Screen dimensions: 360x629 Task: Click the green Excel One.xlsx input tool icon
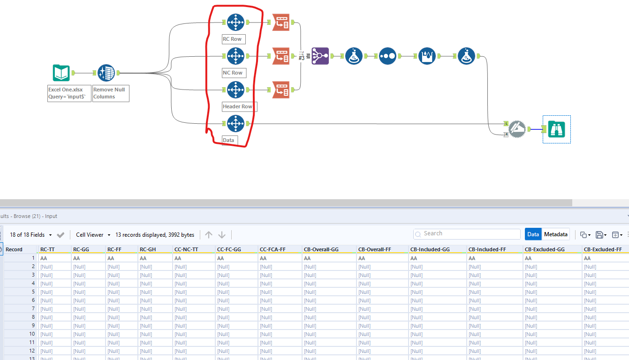(61, 73)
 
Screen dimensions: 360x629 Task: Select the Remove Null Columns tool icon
(106, 73)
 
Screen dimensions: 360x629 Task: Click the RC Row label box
(234, 39)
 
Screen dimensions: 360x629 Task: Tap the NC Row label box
(234, 73)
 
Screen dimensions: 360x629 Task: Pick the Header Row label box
(239, 106)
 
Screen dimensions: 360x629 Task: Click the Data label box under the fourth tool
(229, 140)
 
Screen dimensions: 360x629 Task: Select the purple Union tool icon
(320, 56)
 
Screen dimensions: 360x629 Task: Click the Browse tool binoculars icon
(556, 129)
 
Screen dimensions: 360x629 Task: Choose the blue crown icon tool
(427, 56)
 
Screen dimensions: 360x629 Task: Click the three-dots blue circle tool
(387, 56)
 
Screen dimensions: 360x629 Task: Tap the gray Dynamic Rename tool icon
(516, 129)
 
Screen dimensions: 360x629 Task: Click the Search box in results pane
(467, 233)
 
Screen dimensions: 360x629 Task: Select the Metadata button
(555, 234)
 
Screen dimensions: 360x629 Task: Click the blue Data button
(533, 234)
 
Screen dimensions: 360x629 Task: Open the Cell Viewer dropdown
(93, 235)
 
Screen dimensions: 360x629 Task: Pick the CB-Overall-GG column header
(321, 249)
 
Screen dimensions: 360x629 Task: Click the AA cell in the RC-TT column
(44, 258)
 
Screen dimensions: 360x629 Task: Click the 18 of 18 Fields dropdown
(30, 235)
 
